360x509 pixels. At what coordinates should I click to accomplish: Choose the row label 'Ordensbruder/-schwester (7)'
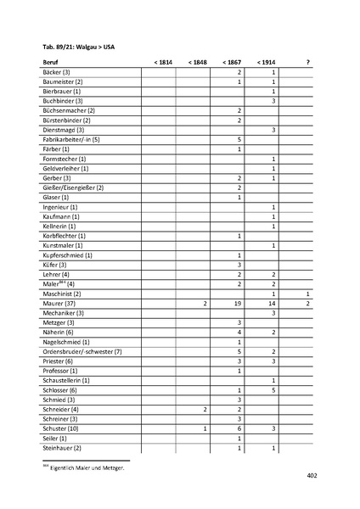(82, 351)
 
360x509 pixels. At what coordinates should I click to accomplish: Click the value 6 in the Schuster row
(240, 428)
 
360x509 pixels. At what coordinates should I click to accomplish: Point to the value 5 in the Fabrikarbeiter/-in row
(240, 139)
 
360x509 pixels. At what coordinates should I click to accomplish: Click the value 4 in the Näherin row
(240, 332)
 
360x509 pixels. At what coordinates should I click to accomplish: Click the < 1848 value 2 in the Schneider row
(205, 409)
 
